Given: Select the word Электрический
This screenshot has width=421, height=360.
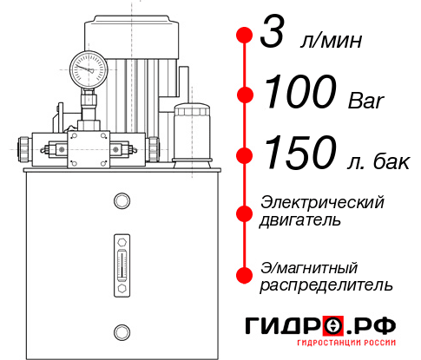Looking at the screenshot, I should (322, 202).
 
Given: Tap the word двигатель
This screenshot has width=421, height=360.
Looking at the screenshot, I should (300, 220).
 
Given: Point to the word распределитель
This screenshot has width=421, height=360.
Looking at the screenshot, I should (326, 285).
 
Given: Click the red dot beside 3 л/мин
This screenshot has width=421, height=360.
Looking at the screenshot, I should (244, 36).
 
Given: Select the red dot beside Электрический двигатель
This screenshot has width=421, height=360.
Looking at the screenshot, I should (244, 212).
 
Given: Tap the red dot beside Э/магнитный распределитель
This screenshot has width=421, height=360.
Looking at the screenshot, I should (244, 275).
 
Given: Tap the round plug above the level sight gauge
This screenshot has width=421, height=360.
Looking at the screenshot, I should (122, 201).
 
